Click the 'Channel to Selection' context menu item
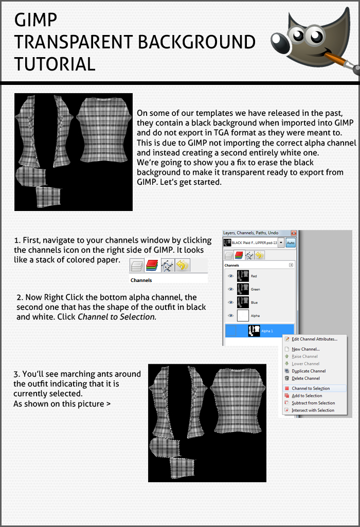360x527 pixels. tap(311, 389)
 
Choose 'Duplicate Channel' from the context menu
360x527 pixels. tap(309, 371)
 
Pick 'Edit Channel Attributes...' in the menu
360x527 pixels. tap(314, 339)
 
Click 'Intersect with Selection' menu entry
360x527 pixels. tap(313, 410)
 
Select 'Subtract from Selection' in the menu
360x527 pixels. tap(313, 403)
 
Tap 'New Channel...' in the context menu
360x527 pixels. tap(305, 349)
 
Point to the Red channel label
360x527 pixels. tap(254, 276)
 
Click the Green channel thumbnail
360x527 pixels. tap(243, 289)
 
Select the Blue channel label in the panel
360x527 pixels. tap(255, 303)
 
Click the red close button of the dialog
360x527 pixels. tap(294, 233)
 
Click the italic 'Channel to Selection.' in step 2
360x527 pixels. tap(117, 317)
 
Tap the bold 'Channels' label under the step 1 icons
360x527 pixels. tap(141, 280)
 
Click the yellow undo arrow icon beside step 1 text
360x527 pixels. tap(183, 266)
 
